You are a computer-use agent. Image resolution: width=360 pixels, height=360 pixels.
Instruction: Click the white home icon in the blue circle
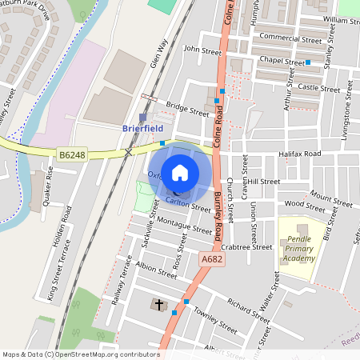click(180, 172)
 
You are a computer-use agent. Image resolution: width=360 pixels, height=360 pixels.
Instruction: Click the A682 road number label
click(212, 259)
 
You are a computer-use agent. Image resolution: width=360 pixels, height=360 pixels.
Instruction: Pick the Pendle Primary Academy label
click(299, 250)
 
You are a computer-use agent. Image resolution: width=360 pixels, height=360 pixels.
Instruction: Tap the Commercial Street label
click(290, 38)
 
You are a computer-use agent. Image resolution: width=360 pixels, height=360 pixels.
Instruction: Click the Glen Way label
click(158, 54)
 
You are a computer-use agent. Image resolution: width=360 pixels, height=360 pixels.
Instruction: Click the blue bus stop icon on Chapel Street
click(307, 62)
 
